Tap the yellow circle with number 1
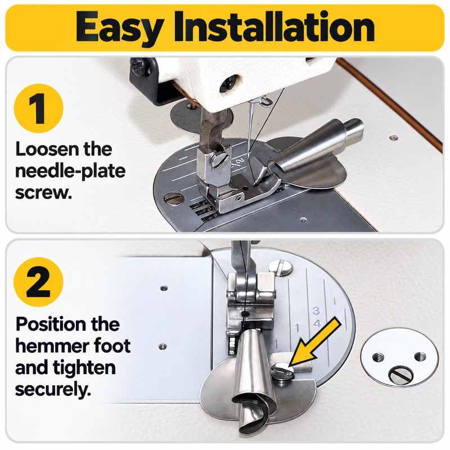pyautogui.click(x=39, y=109)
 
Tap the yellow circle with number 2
pyautogui.click(x=39, y=282)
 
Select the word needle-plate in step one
pyautogui.click(x=70, y=172)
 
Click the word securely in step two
pyautogui.click(x=53, y=389)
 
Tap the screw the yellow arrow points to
pyautogui.click(x=282, y=370)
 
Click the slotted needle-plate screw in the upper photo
pyautogui.click(x=174, y=199)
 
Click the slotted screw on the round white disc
pyautogui.click(x=401, y=374)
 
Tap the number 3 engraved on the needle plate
pyautogui.click(x=316, y=310)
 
